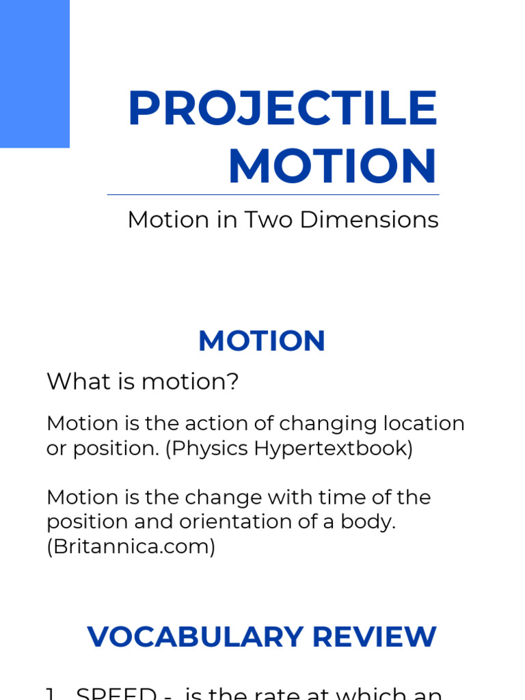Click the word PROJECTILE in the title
(x=282, y=109)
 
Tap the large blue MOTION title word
(x=332, y=167)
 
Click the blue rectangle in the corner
(x=34, y=73)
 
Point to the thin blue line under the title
(x=273, y=195)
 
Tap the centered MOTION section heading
(x=262, y=341)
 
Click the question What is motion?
(x=143, y=381)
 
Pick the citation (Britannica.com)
(x=131, y=547)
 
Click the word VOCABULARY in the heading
(x=196, y=637)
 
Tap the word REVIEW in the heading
(x=375, y=637)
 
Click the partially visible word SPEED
(x=116, y=693)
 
